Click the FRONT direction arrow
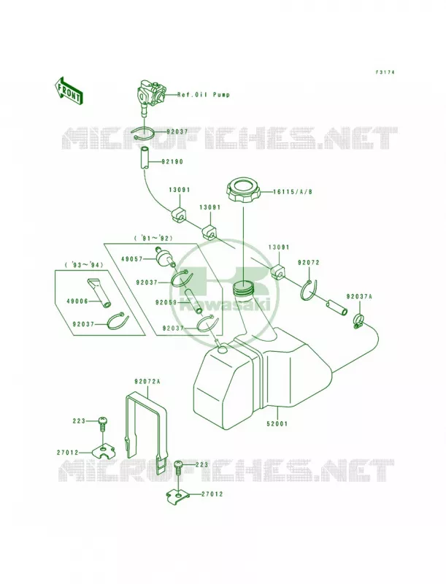click(67, 91)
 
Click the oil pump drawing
click(151, 96)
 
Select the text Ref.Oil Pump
click(203, 95)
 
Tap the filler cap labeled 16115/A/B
click(242, 191)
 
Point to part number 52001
click(277, 423)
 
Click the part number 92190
click(172, 162)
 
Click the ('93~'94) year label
click(84, 264)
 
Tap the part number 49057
click(132, 258)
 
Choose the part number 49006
click(78, 301)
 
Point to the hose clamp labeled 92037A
click(358, 321)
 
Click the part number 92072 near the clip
click(309, 263)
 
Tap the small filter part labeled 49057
click(163, 256)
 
